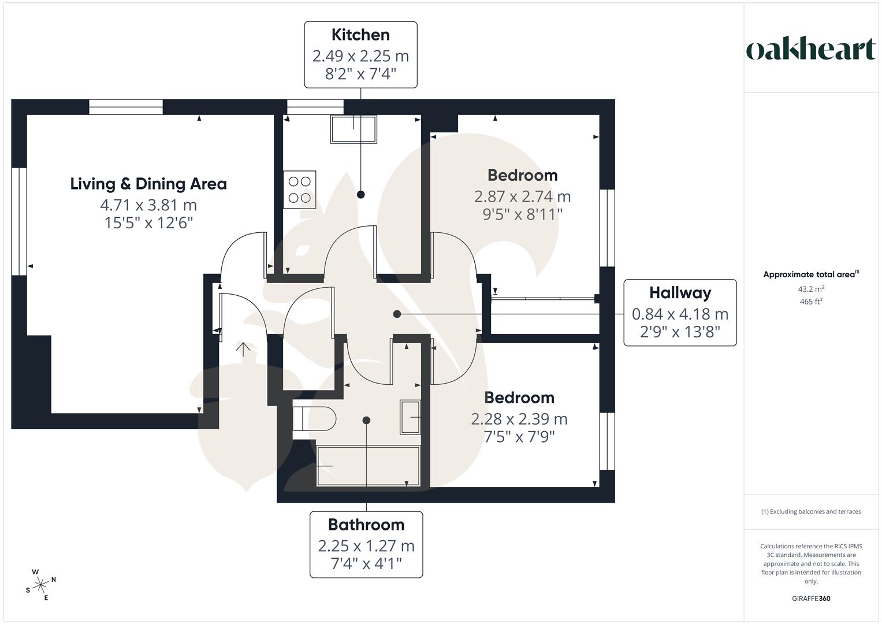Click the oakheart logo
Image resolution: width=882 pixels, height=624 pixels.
811,50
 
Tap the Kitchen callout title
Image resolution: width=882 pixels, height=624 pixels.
360,35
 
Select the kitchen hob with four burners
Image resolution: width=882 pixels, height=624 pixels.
299,190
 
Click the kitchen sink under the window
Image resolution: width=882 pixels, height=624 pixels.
353,129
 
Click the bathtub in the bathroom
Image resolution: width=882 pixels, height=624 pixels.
368,466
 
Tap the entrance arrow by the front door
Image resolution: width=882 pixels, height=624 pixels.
243,348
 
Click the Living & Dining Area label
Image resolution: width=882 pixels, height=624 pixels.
148,184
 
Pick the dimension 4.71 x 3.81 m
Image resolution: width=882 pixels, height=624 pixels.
148,205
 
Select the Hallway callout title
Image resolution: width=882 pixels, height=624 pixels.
680,293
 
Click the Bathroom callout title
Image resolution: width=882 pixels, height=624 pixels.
366,525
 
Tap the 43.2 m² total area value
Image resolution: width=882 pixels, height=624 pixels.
811,289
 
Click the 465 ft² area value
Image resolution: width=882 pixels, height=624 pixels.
811,302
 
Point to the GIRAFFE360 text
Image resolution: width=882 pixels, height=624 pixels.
811,599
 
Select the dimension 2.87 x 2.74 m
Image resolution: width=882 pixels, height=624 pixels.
522,197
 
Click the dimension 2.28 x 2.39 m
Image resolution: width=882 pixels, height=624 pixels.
519,419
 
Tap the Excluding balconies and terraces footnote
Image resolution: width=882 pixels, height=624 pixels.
811,512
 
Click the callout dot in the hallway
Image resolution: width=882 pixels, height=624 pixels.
397,314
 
